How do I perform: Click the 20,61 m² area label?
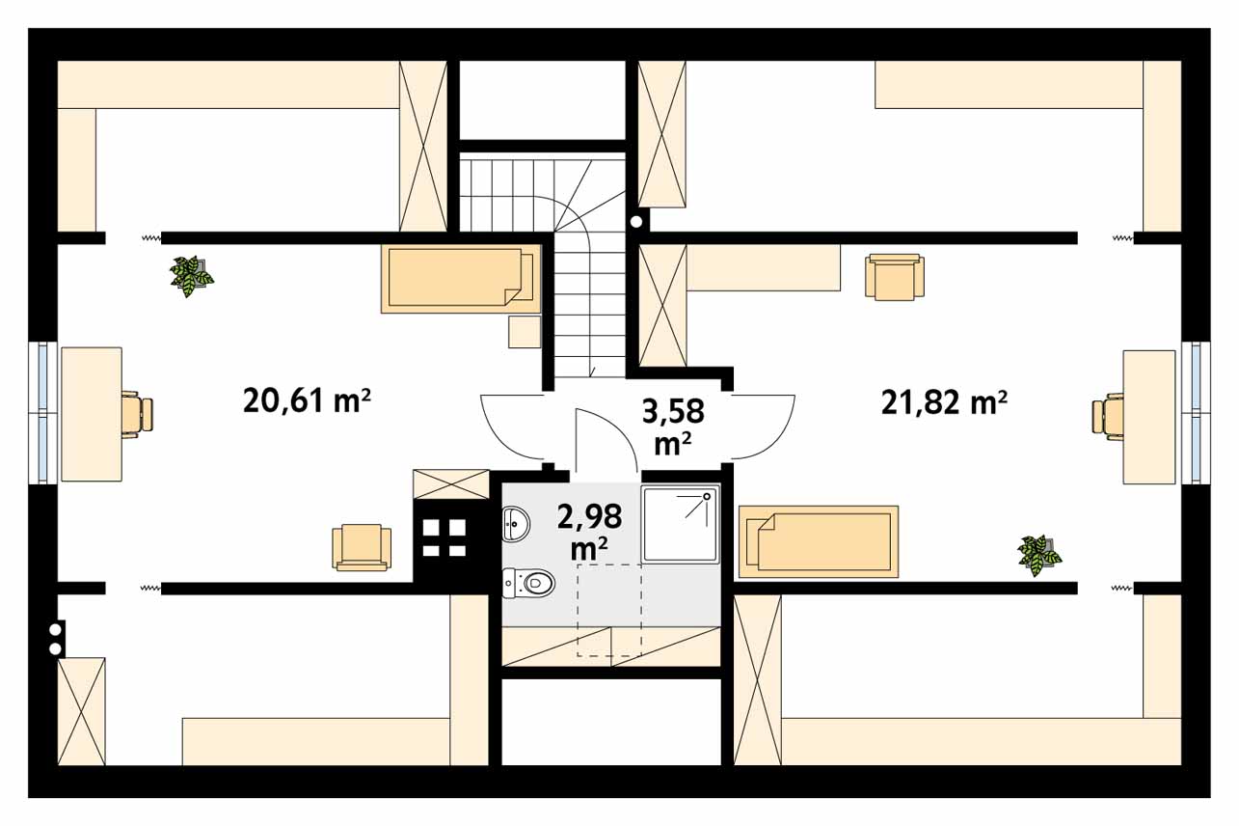(307, 400)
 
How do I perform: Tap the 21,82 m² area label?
(944, 402)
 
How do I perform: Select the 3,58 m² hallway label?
(673, 427)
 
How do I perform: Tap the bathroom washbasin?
(516, 523)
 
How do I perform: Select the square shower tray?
(681, 524)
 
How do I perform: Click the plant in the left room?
(191, 276)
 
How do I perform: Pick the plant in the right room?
(1039, 555)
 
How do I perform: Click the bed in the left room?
(460, 280)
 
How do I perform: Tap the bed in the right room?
(819, 541)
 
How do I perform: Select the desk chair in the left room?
(136, 414)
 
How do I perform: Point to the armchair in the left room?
(362, 547)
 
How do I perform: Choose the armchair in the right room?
(895, 277)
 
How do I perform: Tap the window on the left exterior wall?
(42, 412)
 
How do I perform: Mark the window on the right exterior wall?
(1196, 413)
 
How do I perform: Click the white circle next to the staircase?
(636, 222)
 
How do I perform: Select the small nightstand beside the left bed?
(525, 332)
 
